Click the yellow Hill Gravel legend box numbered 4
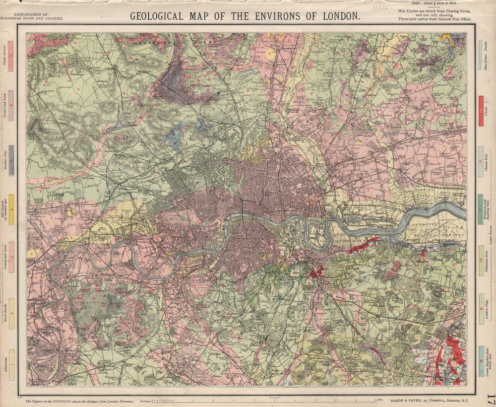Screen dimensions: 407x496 (x=11, y=209)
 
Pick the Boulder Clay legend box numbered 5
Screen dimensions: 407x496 (x=11, y=161)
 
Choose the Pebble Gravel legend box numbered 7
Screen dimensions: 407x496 (x=11, y=55)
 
